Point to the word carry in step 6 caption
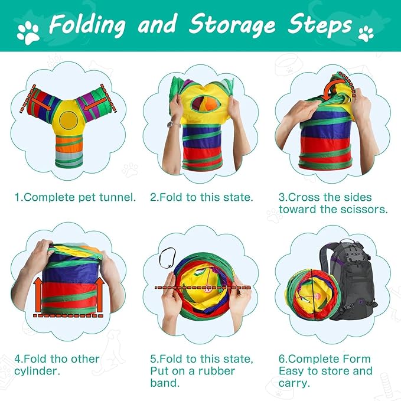point(295,384)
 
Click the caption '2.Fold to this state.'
point(201,197)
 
